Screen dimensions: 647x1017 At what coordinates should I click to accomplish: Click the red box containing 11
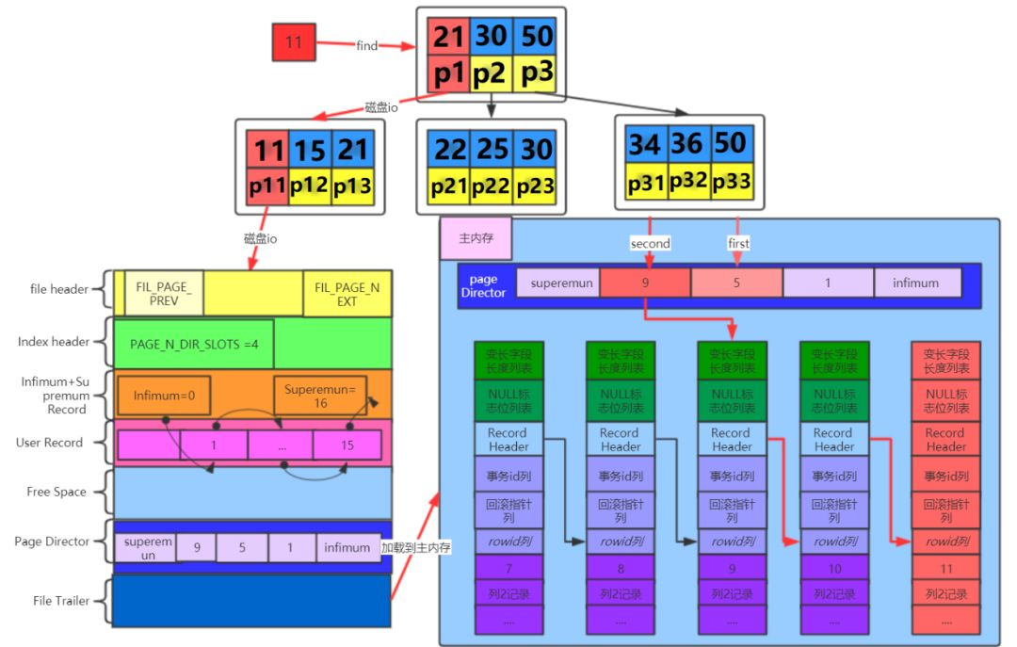[293, 42]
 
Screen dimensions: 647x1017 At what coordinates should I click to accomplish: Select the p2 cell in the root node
[491, 73]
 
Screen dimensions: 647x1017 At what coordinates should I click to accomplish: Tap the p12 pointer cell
[309, 186]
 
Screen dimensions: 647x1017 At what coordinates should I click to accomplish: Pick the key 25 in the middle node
[491, 149]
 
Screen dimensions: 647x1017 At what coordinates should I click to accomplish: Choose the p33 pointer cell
[731, 182]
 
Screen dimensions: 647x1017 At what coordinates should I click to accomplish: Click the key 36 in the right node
[687, 144]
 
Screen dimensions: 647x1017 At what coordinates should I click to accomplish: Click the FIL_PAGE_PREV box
[164, 292]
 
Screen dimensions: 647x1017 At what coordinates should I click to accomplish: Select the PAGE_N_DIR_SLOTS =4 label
[194, 344]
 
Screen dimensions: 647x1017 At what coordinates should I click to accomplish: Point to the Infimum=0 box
[164, 396]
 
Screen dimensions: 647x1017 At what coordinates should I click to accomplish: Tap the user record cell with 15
[347, 445]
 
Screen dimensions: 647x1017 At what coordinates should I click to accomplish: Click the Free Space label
[56, 492]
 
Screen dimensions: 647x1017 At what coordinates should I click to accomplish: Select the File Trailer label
[61, 601]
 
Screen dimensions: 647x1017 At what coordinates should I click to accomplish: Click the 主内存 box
[476, 239]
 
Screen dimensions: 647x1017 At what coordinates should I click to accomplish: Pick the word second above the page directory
[650, 243]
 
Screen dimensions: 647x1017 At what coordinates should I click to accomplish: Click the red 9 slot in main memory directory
[645, 283]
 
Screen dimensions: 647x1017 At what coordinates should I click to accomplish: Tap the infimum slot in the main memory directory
[916, 283]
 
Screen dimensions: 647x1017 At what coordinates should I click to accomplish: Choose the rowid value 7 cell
[508, 568]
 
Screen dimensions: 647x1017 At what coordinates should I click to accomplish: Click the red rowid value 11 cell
[945, 568]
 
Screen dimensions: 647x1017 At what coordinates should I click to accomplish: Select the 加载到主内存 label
[415, 547]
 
